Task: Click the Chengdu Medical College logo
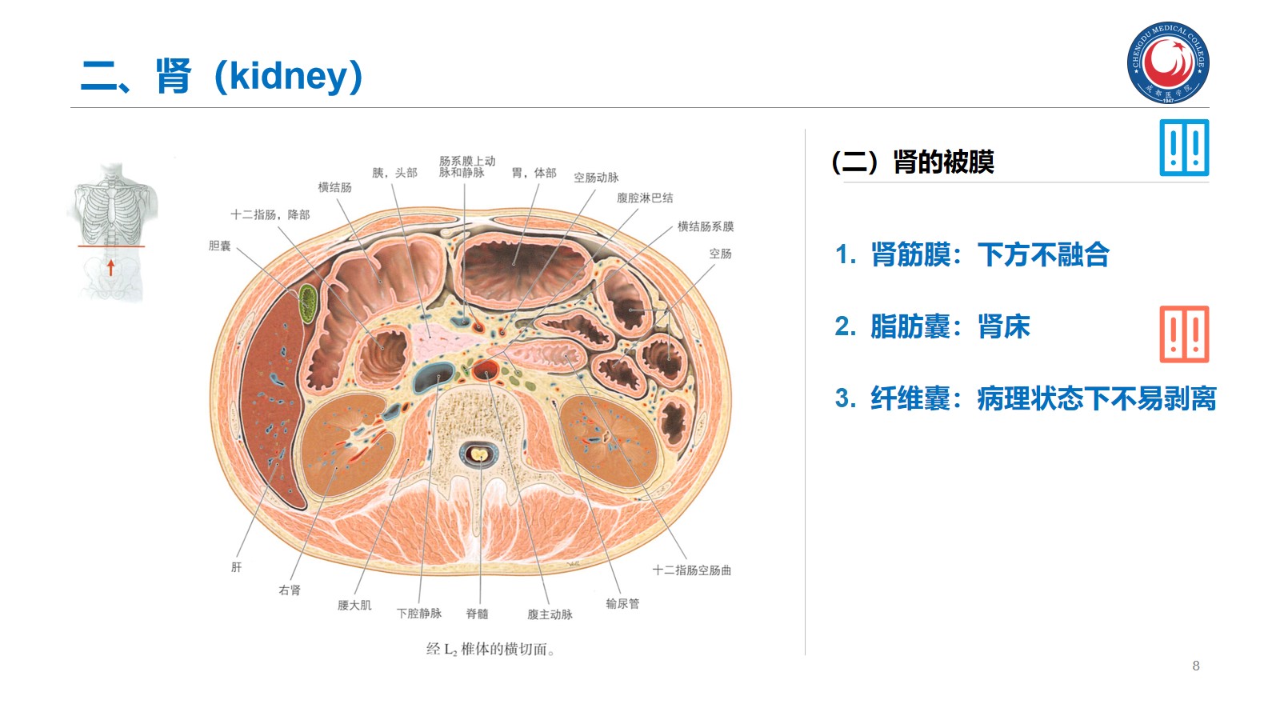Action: tap(1168, 62)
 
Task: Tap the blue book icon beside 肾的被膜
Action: tap(1184, 148)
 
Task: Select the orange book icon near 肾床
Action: tap(1184, 334)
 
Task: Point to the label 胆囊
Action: tap(219, 246)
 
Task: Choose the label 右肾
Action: tap(290, 590)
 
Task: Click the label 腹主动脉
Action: tap(550, 614)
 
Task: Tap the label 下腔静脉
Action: tap(419, 614)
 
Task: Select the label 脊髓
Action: tap(477, 614)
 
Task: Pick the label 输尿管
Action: tap(622, 603)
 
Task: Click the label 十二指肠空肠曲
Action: tap(691, 570)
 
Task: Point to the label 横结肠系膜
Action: tap(705, 226)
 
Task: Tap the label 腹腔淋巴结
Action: tap(645, 198)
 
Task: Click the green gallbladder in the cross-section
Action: tap(308, 304)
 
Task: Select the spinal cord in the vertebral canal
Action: tap(478, 454)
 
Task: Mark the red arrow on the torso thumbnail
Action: tap(111, 267)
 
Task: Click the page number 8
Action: tap(1196, 666)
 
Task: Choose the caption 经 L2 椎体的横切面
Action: tap(490, 649)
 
